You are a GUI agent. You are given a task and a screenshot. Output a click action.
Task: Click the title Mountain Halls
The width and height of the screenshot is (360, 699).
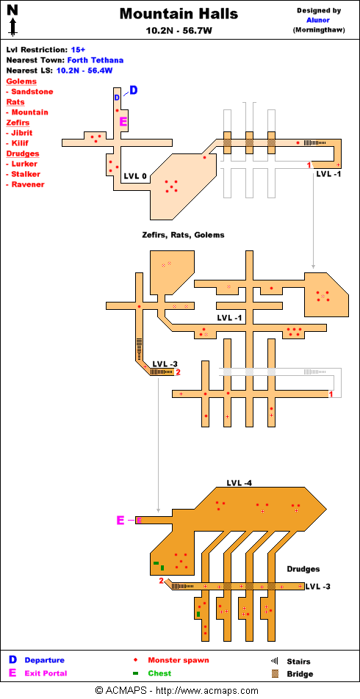[179, 14]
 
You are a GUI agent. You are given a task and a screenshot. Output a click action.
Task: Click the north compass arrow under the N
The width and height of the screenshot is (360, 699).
[13, 27]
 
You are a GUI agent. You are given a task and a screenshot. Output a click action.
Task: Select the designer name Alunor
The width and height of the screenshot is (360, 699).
[317, 20]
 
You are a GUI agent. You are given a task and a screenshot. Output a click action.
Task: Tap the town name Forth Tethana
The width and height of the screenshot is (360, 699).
[96, 60]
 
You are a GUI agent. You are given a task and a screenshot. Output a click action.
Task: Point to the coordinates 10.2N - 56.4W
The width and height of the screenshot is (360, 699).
[84, 70]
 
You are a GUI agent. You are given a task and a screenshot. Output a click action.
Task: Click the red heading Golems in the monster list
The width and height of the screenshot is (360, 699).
[21, 82]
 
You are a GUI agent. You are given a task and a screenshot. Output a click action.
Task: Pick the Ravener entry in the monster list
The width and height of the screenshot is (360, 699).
[28, 184]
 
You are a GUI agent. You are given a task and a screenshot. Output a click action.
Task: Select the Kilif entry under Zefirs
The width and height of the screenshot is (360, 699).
[21, 143]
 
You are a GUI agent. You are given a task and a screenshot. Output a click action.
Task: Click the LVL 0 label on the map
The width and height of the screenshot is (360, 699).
[135, 176]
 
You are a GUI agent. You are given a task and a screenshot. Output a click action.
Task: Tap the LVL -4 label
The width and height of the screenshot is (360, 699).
[240, 483]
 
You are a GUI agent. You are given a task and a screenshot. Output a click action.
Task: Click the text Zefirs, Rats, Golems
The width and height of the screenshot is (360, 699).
[183, 234]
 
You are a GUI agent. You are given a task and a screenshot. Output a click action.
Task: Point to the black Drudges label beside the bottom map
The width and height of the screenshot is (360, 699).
[303, 569]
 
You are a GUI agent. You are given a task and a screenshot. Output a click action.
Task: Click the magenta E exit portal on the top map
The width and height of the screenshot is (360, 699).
[123, 121]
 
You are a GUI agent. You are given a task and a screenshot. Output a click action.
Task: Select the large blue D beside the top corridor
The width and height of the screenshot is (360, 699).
[134, 90]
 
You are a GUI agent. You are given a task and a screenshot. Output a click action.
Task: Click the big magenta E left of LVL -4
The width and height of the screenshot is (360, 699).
[120, 520]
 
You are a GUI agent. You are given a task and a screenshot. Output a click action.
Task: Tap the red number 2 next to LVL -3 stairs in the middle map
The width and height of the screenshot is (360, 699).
[178, 372]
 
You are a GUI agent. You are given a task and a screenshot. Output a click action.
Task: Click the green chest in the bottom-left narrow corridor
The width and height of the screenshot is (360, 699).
[198, 615]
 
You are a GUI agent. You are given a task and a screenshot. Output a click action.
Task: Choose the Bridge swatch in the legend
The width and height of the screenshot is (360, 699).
[276, 673]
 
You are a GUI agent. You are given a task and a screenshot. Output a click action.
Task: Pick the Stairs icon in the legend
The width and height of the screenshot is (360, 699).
[275, 661]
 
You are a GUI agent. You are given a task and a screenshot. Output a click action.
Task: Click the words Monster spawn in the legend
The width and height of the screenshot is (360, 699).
[179, 660]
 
